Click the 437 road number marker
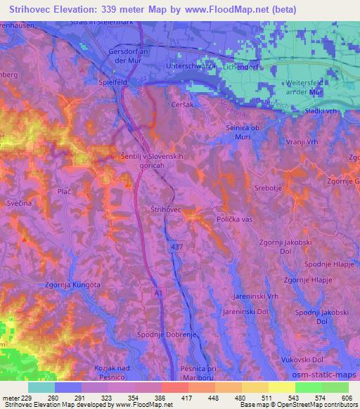point(176,248)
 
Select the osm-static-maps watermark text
point(326,372)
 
